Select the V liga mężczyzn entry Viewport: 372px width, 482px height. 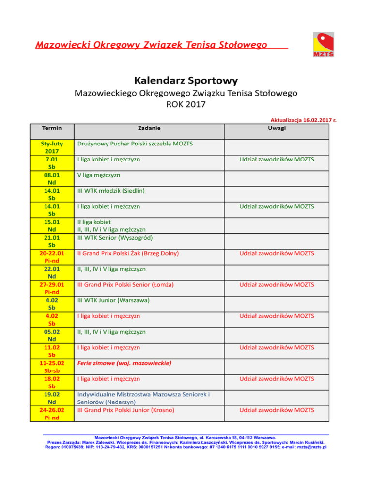(x=99, y=175)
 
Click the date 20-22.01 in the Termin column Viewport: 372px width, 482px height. (x=51, y=253)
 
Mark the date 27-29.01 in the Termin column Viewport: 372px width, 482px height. (x=51, y=284)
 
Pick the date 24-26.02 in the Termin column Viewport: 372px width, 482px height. (x=51, y=409)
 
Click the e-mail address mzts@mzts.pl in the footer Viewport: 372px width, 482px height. (x=311, y=447)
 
